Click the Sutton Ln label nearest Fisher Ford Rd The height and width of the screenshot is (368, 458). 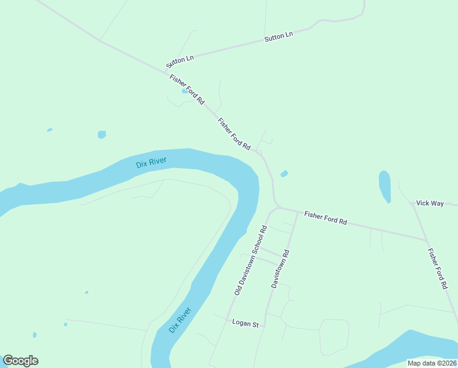(x=179, y=61)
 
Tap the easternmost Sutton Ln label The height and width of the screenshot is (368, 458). (x=279, y=37)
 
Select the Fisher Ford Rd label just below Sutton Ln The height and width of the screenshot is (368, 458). (x=187, y=90)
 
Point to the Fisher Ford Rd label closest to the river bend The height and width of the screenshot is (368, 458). (x=235, y=134)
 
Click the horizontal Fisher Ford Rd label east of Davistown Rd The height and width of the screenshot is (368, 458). (x=326, y=218)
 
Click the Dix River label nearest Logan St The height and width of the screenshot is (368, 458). (x=180, y=320)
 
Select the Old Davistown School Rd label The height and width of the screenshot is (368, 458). (x=251, y=260)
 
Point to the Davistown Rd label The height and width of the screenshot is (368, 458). (x=280, y=269)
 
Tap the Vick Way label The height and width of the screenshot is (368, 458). (x=430, y=203)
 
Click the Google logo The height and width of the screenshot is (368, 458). (x=20, y=361)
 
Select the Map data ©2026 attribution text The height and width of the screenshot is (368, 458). (x=432, y=363)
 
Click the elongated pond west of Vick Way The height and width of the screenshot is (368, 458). (x=385, y=186)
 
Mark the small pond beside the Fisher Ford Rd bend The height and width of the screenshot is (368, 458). (x=284, y=174)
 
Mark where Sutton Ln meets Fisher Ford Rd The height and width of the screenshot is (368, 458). (x=167, y=69)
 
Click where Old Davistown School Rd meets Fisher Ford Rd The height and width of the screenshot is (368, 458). (x=277, y=208)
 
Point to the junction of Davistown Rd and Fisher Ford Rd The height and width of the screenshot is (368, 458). (x=298, y=212)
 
